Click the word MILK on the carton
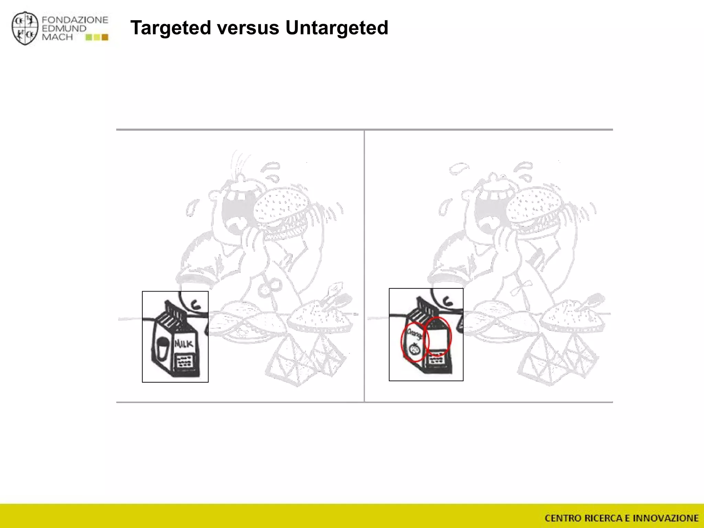point(184,343)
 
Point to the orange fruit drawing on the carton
point(414,349)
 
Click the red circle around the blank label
point(438,336)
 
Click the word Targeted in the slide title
point(171,27)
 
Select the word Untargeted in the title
point(337,27)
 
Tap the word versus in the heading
point(248,27)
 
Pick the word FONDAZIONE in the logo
point(75,20)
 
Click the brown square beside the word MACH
point(105,37)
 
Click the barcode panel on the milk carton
point(184,361)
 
